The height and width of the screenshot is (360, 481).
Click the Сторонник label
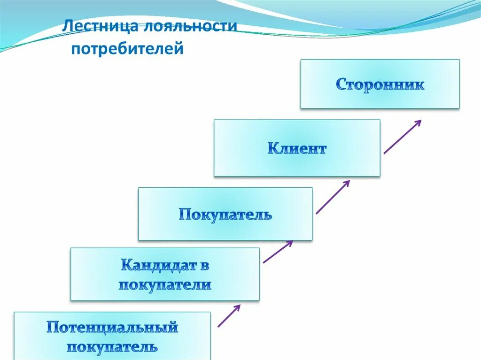(380, 85)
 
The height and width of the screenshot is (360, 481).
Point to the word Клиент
(297, 149)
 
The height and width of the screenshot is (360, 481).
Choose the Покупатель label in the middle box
(225, 215)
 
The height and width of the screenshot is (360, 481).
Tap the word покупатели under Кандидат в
(165, 284)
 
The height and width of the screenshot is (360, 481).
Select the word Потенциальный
(112, 327)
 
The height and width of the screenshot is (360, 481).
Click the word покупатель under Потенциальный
(112, 347)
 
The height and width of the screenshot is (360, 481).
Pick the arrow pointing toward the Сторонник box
(402, 137)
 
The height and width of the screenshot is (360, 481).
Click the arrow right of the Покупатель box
(333, 197)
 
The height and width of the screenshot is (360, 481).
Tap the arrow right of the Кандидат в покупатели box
(278, 252)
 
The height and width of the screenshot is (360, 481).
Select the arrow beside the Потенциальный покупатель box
(229, 315)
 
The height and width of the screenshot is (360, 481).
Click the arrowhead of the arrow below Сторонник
(417, 123)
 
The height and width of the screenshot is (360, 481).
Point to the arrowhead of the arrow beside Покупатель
(346, 184)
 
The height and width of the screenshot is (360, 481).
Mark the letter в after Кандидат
(203, 266)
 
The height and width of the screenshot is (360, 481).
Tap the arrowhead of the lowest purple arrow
(237, 307)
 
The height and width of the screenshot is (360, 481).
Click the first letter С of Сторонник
(341, 85)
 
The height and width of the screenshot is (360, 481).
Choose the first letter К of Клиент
(273, 149)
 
